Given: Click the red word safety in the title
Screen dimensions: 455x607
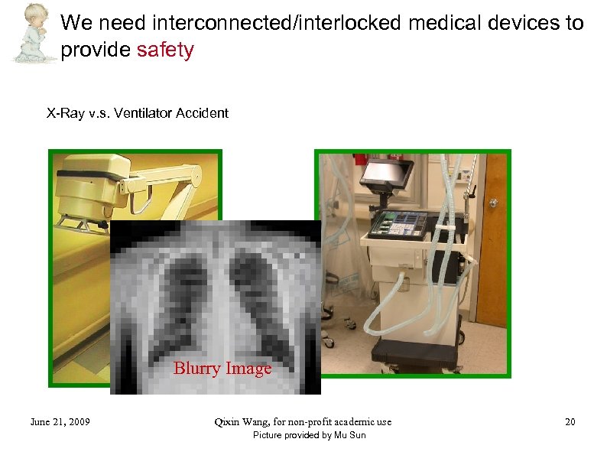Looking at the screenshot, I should (x=165, y=50).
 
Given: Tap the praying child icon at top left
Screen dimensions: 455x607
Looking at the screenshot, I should (x=31, y=32).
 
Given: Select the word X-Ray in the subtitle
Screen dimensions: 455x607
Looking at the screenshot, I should (x=65, y=113).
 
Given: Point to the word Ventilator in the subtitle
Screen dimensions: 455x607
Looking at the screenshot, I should (x=144, y=113).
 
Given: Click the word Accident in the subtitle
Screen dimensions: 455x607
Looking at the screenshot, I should (x=202, y=113).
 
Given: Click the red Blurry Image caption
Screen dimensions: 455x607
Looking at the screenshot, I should (x=222, y=369).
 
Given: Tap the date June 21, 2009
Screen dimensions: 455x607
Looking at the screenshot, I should (x=60, y=421).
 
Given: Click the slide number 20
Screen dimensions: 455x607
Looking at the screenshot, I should (x=570, y=421).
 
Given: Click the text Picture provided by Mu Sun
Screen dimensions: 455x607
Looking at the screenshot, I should (x=309, y=435).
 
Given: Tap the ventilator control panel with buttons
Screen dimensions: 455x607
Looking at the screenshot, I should (x=399, y=223).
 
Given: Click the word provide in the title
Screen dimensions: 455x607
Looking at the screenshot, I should (x=96, y=50).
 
